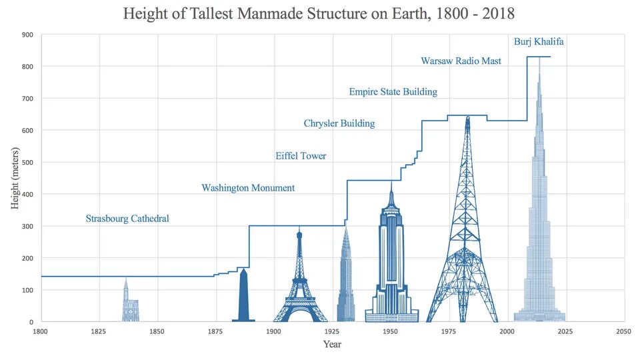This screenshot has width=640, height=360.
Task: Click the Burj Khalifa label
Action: click(x=539, y=41)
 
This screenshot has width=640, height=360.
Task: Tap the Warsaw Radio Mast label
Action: click(x=461, y=61)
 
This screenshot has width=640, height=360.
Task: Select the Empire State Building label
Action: click(x=393, y=91)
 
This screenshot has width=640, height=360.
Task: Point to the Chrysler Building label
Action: click(x=339, y=123)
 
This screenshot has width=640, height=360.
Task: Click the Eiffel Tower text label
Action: click(x=301, y=156)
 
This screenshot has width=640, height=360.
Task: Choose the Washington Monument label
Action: click(x=248, y=188)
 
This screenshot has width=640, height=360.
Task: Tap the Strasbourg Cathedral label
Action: click(x=127, y=219)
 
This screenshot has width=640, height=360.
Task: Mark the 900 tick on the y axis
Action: click(x=28, y=35)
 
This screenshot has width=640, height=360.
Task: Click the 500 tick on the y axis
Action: click(x=28, y=163)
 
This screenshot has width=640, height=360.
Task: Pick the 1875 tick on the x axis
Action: click(x=215, y=331)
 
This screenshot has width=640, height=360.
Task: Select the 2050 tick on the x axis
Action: click(x=623, y=331)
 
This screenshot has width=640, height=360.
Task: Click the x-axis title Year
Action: click(x=332, y=345)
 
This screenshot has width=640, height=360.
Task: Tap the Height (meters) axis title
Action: click(x=15, y=179)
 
